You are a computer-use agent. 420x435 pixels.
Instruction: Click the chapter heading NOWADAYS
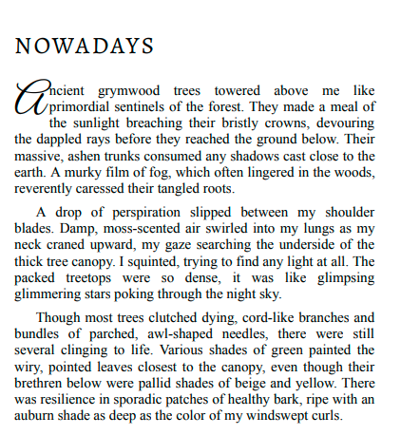pos(86,46)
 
